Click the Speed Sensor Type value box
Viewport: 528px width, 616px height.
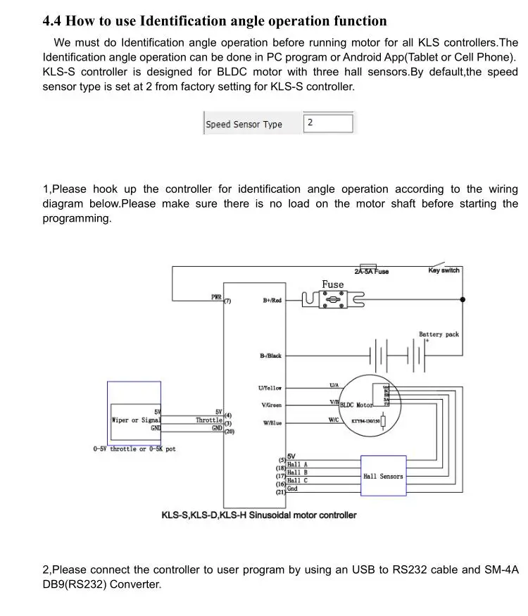(x=328, y=123)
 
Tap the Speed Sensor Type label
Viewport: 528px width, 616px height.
(x=244, y=125)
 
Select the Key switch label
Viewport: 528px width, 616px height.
(x=444, y=271)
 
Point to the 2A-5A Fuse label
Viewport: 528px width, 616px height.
(x=371, y=272)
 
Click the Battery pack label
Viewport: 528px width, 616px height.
(x=439, y=334)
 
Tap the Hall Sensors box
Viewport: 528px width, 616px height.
(x=383, y=476)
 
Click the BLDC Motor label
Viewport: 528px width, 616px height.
(x=356, y=406)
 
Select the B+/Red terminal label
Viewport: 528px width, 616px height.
(x=272, y=301)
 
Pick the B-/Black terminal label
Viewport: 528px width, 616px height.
(x=270, y=356)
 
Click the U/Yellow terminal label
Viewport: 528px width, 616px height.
(x=270, y=388)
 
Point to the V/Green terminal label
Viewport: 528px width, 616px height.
(x=271, y=406)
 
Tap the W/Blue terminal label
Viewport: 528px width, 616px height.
(x=271, y=423)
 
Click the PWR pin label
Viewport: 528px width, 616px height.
(x=216, y=297)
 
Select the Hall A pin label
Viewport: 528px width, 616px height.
(x=297, y=465)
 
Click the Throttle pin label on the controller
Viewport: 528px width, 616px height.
(x=209, y=420)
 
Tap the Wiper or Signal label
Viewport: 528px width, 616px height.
(x=136, y=420)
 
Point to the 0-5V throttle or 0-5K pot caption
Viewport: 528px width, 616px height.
(x=134, y=449)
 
